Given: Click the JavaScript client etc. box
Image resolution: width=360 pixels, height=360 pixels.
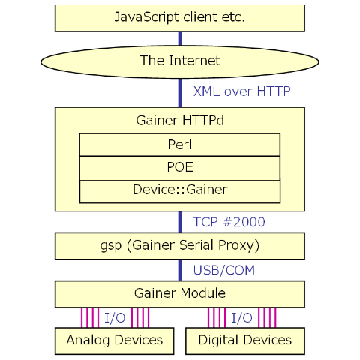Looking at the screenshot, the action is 180,18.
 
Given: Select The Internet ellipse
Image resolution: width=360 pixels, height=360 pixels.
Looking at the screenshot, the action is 180,61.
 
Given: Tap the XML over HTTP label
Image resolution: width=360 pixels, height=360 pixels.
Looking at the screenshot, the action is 241,91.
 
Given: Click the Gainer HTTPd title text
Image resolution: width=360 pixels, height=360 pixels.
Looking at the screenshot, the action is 180,121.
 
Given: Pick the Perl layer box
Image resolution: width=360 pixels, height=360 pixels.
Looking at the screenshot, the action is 180,145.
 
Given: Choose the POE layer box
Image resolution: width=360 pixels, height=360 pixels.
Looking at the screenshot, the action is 180,168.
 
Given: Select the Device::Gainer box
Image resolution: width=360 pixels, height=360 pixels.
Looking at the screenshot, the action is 180,192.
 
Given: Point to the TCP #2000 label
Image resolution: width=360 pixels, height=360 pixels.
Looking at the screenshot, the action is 229,222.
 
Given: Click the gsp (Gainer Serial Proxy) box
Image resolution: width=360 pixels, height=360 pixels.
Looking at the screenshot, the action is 180,246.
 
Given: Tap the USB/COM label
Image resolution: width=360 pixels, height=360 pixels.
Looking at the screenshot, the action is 224,270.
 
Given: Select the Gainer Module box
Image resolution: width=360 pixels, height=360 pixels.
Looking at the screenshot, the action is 180,294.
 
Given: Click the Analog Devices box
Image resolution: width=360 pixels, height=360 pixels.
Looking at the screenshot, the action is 115,340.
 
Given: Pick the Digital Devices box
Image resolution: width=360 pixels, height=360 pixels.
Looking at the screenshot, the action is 245,340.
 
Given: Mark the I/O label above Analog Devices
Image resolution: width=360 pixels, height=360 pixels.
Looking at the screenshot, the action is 115,318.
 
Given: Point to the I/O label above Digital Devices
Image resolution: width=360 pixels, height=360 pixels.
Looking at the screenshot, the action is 241,318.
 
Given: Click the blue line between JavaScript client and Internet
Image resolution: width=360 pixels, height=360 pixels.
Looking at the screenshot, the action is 180,39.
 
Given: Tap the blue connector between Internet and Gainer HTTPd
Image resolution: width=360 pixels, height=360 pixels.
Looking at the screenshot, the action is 180,93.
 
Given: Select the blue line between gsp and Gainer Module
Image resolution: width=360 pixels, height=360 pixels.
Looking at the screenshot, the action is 180,270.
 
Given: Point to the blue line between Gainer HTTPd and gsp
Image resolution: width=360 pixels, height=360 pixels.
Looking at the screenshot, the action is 180,222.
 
